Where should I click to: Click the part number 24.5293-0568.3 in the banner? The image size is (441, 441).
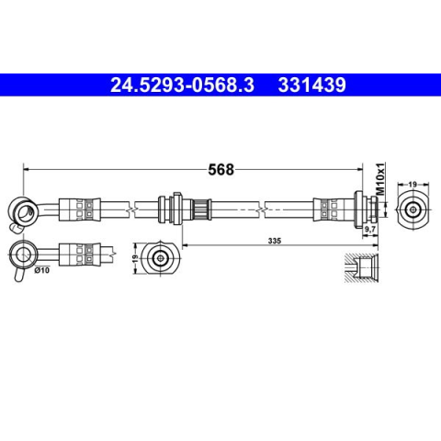182,85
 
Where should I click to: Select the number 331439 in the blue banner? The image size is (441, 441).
311,85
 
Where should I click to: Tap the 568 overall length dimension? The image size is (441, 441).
220,169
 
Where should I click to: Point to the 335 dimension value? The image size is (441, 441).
275,241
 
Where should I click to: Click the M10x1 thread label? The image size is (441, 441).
380,179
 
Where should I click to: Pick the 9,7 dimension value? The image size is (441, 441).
370,229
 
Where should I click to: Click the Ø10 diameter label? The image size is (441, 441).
42,270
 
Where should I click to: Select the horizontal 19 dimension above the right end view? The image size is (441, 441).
413,185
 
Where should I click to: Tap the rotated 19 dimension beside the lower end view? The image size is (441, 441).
135,259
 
